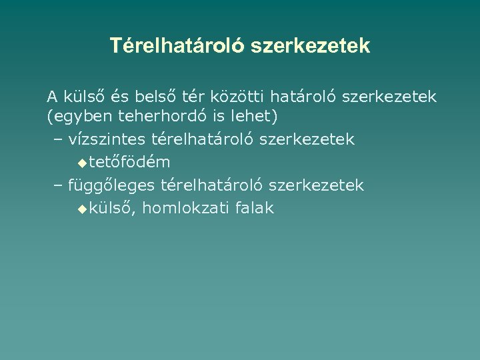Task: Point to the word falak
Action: point(253,208)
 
